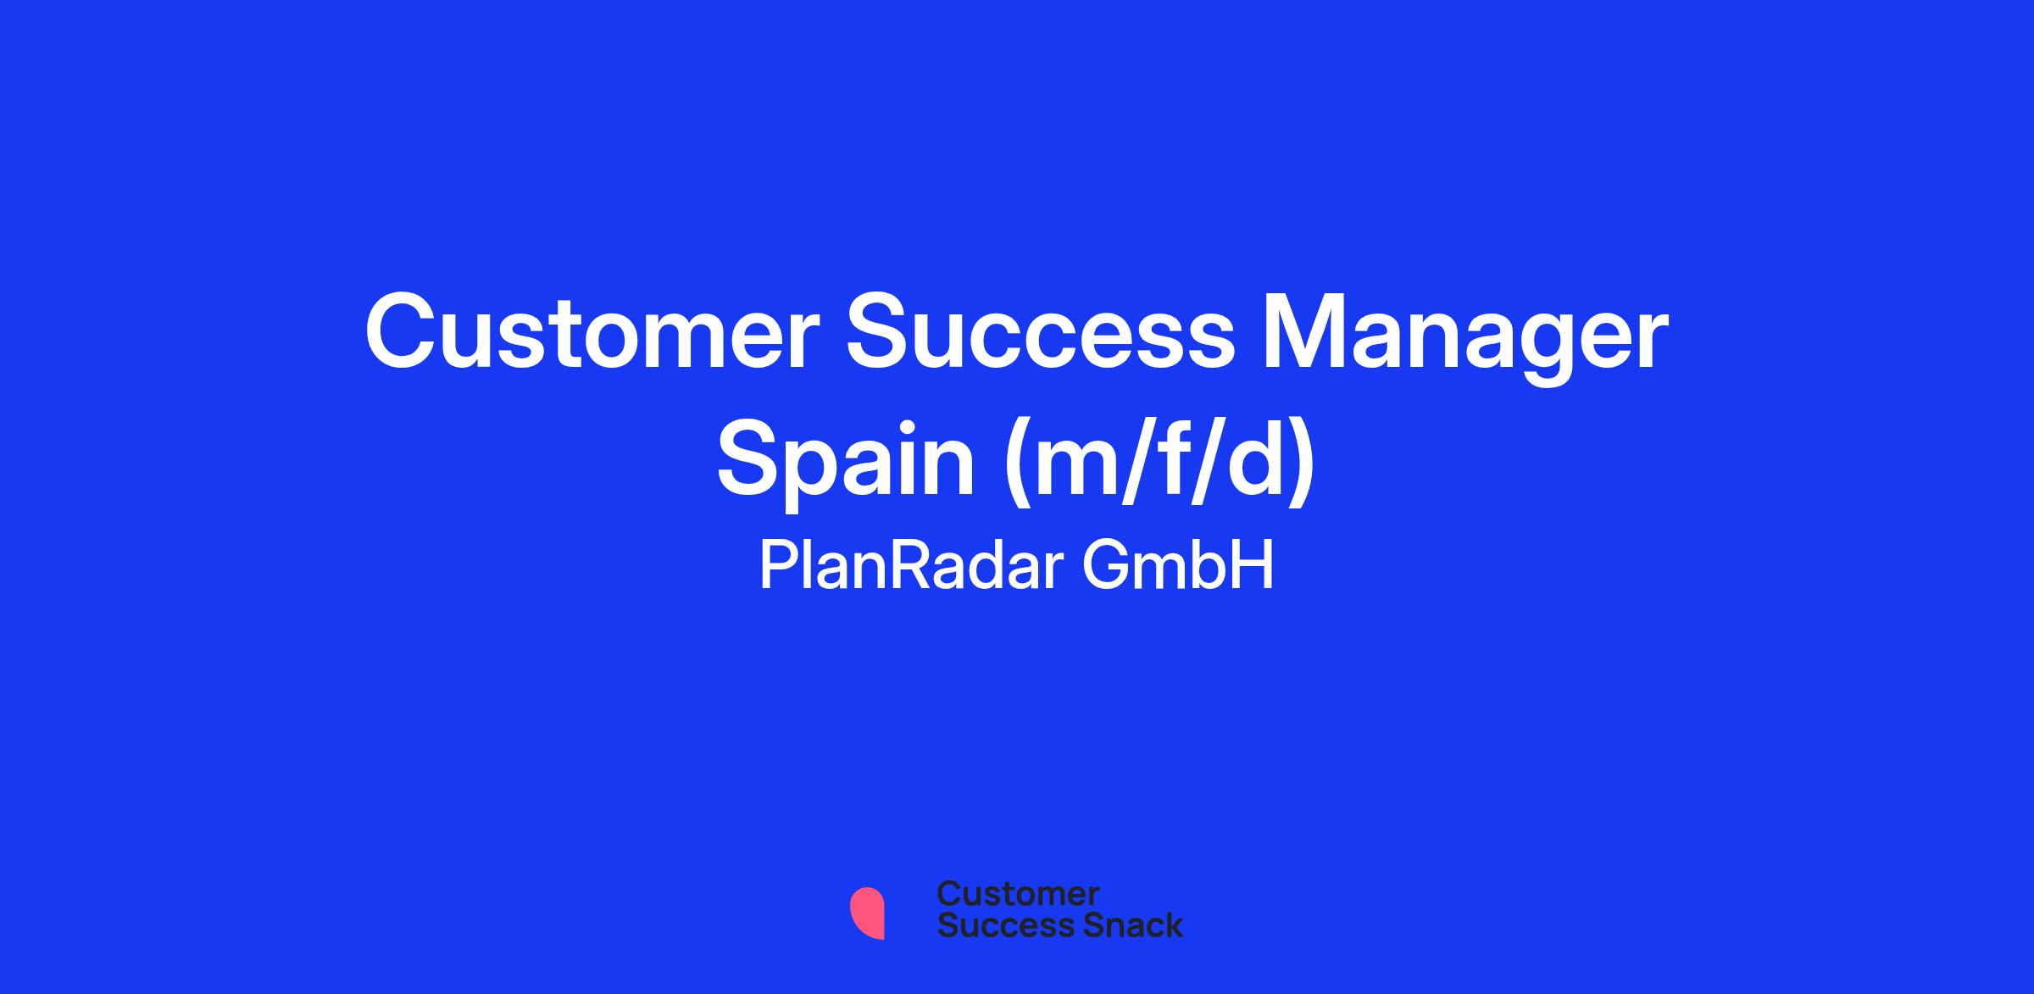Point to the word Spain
pos(846,464)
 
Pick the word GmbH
pos(1178,566)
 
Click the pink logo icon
pos(867,913)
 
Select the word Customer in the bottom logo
pos(1018,894)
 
